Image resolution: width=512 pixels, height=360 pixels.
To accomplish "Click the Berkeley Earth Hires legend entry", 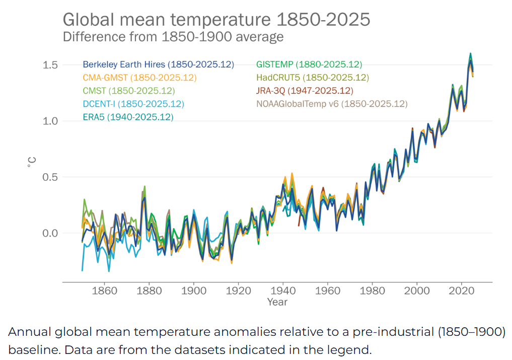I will click(159, 64).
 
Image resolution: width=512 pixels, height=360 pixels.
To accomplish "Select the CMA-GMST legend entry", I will click(139, 78).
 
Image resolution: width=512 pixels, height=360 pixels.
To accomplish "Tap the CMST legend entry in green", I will click(128, 91).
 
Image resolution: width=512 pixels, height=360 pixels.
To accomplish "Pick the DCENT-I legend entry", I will click(133, 104).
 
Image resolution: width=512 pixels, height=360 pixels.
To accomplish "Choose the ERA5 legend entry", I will click(128, 117).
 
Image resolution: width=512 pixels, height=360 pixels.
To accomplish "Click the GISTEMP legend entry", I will click(309, 64).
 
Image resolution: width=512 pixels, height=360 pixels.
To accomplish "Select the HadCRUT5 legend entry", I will click(312, 78).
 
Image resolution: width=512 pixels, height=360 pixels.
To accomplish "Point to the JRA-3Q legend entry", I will click(305, 91).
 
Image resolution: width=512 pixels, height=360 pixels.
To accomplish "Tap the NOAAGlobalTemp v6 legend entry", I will click(331, 104).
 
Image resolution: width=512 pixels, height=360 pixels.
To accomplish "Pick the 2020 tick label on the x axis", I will click(462, 291).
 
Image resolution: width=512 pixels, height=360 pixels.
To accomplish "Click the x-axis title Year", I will click(277, 302).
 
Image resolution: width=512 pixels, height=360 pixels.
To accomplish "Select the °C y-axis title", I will click(31, 162).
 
